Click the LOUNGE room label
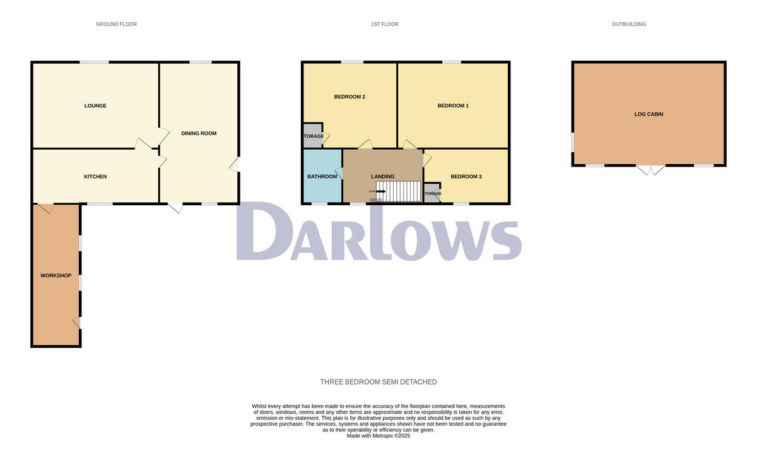pos(95,105)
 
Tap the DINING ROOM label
pos(199,133)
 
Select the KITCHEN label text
pos(95,176)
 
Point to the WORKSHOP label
pos(56,275)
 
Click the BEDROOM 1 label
pos(453,105)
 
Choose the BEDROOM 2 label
pos(349,97)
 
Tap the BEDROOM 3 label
pos(466,176)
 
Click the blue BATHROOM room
pos(322,183)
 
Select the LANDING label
pos(382,176)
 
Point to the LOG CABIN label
pos(648,114)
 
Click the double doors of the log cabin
pos(650,169)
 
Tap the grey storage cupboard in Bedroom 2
pos(313,136)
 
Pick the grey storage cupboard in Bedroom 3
pos(432,193)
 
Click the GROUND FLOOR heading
pos(116,24)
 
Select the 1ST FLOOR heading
pos(385,24)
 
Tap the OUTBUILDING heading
pos(629,24)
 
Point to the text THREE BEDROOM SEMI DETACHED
pos(378,382)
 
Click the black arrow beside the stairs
pos(380,191)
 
